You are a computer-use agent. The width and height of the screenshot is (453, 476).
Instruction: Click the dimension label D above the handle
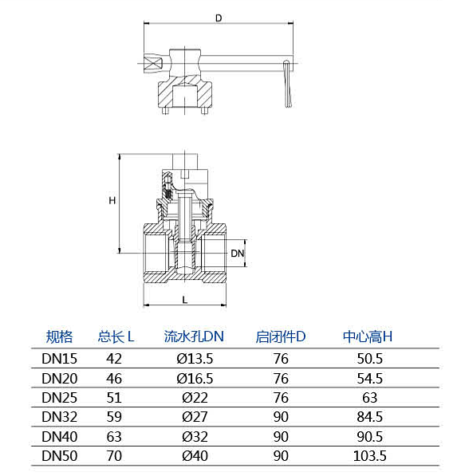219,18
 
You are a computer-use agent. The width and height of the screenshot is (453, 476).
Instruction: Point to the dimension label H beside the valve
112,200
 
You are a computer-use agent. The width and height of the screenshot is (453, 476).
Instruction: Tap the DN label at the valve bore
237,254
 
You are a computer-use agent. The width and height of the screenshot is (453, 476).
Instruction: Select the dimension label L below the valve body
184,300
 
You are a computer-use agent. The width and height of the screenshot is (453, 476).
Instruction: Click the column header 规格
60,336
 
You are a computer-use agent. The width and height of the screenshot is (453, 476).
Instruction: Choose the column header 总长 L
116,336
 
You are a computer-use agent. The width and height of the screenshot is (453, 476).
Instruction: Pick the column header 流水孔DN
194,336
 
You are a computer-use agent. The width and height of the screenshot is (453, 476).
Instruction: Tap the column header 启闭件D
281,336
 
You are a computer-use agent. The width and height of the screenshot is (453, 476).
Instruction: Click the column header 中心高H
368,336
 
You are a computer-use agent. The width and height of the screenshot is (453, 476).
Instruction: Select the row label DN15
60,359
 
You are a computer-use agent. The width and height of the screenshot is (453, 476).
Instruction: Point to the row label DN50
60,456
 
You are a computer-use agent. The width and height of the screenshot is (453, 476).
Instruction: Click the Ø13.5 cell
195,359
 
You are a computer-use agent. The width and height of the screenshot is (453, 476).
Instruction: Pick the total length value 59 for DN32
114,417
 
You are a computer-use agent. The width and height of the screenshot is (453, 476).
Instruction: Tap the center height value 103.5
370,456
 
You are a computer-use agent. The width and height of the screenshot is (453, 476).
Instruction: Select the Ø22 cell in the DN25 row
195,398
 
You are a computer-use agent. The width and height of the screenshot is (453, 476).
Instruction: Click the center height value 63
370,398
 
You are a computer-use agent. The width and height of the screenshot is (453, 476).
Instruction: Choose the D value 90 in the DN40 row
281,437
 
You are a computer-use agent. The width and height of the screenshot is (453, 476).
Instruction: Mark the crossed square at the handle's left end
154,64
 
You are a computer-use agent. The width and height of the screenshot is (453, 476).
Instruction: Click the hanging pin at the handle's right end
288,84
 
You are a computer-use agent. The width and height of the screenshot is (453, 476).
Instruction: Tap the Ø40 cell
195,456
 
